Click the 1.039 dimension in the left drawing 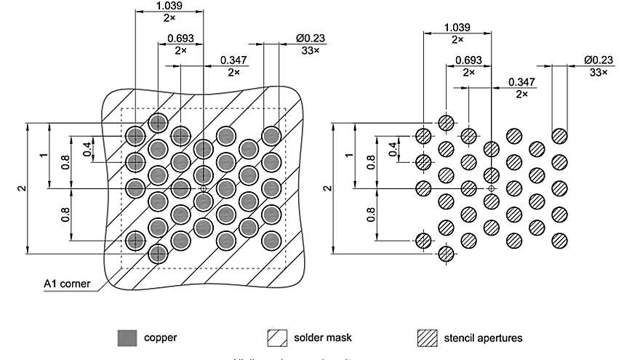pos(169,6)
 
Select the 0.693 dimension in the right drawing pos(468,60)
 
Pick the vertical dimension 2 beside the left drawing pos(21,188)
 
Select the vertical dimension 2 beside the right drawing pos(327,188)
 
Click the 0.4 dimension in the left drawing pos(87,149)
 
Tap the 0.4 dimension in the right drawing pos(393,149)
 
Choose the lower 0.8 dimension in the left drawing pos(65,215)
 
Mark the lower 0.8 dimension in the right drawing pos(371,215)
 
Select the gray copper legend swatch pos(127,338)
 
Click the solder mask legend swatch pos(277,338)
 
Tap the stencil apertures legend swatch pos(428,338)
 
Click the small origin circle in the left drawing pos(204,188)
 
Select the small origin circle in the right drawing pos(492,188)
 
